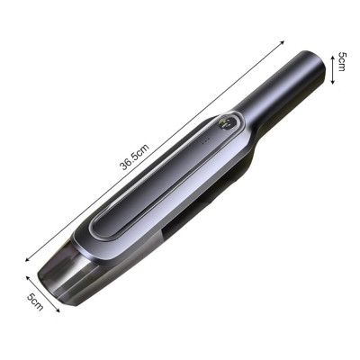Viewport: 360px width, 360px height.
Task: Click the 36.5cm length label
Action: point(135,157)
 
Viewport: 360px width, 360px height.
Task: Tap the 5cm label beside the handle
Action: point(342,61)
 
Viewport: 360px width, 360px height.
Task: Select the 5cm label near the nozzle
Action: point(36,301)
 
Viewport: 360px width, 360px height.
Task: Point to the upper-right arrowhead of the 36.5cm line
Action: point(282,42)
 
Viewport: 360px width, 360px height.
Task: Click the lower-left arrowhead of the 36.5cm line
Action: point(27,259)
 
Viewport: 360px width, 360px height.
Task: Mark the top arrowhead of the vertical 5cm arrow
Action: point(332,58)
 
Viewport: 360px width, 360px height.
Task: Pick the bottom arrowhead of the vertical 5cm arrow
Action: point(332,82)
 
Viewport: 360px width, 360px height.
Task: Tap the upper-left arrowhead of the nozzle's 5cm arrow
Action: point(28,278)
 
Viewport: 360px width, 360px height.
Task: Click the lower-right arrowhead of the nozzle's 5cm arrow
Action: point(58,310)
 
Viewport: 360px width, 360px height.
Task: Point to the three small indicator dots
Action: point(205,141)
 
